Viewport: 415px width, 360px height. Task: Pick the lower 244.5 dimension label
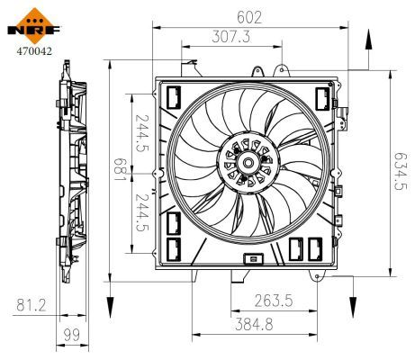tap(140, 212)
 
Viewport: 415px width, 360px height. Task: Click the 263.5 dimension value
tap(273, 300)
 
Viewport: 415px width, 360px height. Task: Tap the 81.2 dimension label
tap(31, 306)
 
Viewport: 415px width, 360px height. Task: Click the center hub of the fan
tap(247, 164)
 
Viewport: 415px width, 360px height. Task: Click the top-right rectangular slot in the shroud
tap(320, 95)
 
